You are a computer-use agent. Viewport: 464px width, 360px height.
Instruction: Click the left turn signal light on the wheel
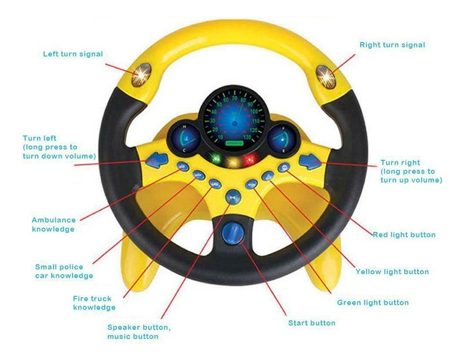click(141, 75)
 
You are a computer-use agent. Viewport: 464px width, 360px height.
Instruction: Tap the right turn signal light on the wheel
click(326, 77)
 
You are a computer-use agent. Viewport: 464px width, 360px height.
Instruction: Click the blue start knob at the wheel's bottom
click(233, 233)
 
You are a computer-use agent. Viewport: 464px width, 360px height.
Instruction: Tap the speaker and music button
click(233, 197)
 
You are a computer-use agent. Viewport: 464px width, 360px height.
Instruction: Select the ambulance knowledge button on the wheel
click(183, 166)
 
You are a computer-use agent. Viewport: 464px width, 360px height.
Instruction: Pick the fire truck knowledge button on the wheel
click(215, 184)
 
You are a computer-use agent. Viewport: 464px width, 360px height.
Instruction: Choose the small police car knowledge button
click(199, 175)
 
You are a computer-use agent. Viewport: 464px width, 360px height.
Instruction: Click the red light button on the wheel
click(284, 167)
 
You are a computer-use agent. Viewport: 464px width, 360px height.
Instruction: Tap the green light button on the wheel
click(251, 184)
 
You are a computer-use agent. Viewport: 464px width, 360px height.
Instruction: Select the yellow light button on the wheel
click(268, 176)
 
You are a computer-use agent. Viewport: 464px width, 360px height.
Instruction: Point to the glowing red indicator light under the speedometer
click(250, 160)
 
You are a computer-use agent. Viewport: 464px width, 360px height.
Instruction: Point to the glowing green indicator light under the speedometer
click(216, 158)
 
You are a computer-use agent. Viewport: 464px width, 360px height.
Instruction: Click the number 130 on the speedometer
click(247, 136)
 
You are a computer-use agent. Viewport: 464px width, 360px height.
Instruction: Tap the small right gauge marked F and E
click(282, 139)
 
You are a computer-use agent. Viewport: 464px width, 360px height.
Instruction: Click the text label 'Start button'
click(312, 322)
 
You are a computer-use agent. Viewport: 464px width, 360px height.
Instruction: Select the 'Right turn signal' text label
click(392, 45)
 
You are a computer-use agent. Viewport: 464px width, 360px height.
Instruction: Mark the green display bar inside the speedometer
click(234, 143)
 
